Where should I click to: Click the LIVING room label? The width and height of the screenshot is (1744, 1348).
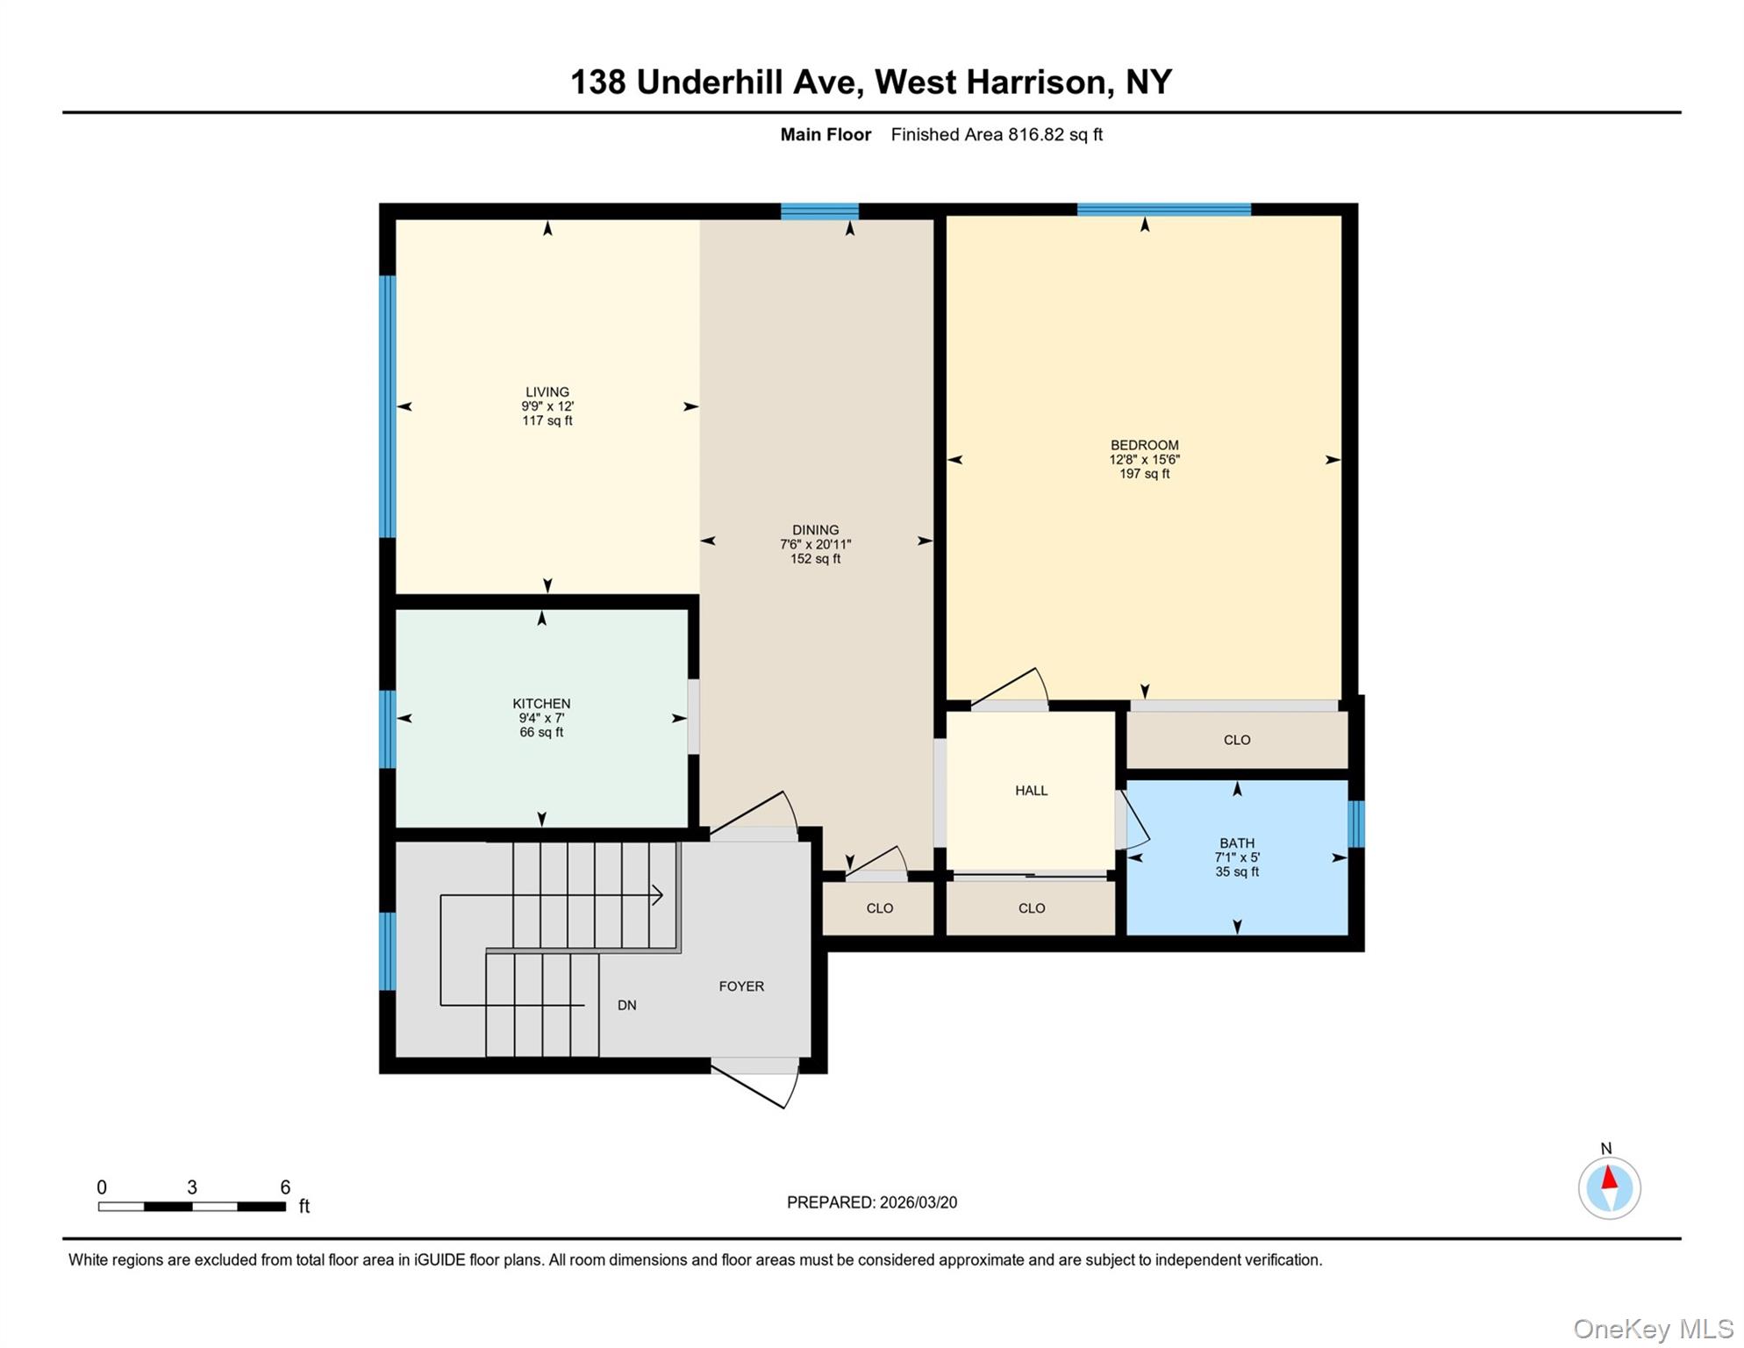[547, 392]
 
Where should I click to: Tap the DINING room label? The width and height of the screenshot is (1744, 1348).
[815, 530]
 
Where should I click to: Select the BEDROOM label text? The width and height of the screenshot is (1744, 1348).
[1144, 445]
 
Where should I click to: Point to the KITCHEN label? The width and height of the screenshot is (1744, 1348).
[541, 704]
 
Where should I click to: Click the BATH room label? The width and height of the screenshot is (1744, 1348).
[1237, 843]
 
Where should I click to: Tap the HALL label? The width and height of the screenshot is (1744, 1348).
[1032, 791]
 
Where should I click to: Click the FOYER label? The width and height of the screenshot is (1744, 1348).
[741, 986]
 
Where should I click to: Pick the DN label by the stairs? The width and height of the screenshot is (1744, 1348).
[626, 1006]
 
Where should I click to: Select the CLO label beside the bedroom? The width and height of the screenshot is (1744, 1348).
[1237, 740]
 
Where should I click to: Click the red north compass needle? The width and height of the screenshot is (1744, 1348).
[1609, 1178]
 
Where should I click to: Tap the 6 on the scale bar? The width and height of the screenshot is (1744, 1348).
[285, 1187]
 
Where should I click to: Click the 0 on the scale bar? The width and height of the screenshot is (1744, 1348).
[102, 1187]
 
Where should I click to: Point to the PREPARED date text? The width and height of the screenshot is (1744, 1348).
[871, 1202]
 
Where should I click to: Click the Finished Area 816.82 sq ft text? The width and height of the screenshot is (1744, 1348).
[997, 134]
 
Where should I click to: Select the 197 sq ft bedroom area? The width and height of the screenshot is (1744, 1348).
[1144, 474]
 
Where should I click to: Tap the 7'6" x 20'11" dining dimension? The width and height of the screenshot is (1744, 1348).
[815, 544]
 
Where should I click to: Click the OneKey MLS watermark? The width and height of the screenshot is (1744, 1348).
[1653, 1330]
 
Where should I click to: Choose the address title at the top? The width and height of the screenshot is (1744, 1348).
[871, 82]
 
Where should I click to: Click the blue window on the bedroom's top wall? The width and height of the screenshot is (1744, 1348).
[1163, 209]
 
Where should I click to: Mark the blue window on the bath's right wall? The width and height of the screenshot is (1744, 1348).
[1355, 824]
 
